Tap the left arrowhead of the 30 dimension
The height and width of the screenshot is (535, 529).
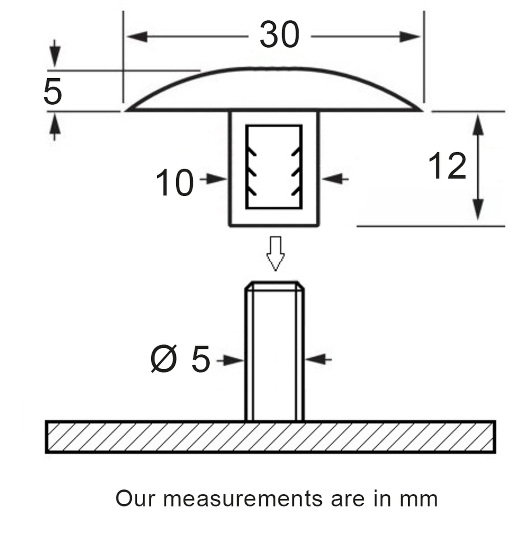(x=137, y=37)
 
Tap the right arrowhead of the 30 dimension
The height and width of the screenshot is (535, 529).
(x=409, y=37)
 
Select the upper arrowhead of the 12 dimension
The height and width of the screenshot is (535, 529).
(x=478, y=126)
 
